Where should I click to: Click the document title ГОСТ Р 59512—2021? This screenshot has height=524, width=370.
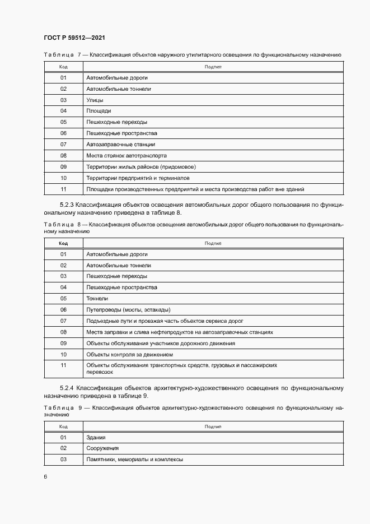pyautogui.click(x=74, y=38)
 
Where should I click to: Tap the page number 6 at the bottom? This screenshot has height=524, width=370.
pyautogui.click(x=45, y=476)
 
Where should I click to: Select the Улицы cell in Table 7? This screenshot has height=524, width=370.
pyautogui.click(x=94, y=100)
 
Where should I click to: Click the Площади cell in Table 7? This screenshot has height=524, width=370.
pyautogui.click(x=99, y=111)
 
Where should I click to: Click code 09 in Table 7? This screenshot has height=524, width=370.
pyautogui.click(x=63, y=166)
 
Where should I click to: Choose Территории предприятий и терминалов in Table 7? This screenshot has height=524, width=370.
pyautogui.click(x=138, y=178)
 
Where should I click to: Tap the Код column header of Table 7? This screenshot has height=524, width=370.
pyautogui.click(x=63, y=67)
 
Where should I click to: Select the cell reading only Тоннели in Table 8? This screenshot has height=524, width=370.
pyautogui.click(x=97, y=299)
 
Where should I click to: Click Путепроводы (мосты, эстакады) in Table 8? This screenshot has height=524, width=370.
pyautogui.click(x=128, y=310)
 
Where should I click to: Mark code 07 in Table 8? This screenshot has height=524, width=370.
pyautogui.click(x=63, y=321)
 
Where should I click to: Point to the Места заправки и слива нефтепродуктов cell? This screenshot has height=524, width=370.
pyautogui.click(x=180, y=332)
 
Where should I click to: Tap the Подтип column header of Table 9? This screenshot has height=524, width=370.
pyautogui.click(x=213, y=426)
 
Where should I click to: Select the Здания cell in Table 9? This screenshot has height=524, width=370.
pyautogui.click(x=96, y=437)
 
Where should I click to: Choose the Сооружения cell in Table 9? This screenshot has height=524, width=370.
pyautogui.click(x=102, y=448)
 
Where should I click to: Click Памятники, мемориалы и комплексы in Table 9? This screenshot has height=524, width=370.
pyautogui.click(x=134, y=460)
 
